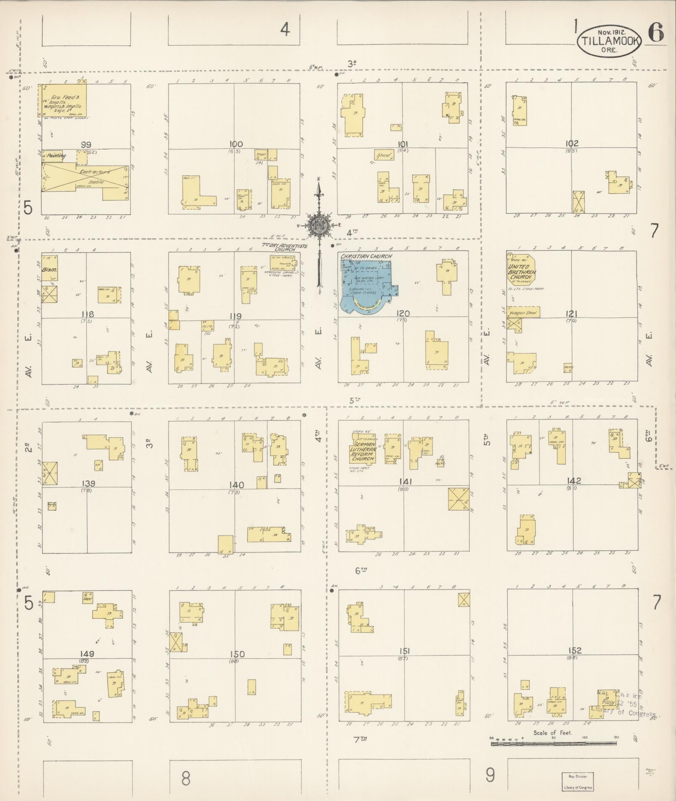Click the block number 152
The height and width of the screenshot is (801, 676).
tap(575, 650)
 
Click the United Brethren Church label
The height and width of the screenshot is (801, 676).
tap(520, 272)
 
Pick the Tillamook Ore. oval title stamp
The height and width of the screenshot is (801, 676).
tap(609, 40)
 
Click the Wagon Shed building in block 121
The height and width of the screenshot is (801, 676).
tap(523, 312)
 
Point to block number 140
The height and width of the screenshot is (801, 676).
tap(237, 485)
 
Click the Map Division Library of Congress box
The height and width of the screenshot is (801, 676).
tap(578, 781)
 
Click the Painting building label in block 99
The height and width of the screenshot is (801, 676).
tap(55, 156)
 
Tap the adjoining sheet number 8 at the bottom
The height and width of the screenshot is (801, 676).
tap(186, 778)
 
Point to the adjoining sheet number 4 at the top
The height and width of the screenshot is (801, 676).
tap(285, 30)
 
